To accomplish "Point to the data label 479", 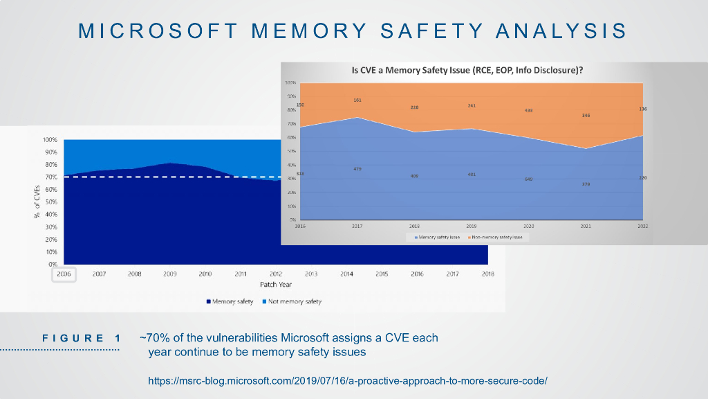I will pos(357,169).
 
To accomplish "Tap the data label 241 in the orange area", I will pos(472,106).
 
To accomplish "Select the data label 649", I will pos(528,179).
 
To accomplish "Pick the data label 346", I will pos(586,116).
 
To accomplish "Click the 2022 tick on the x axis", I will pos(642,227).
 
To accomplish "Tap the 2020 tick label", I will pos(528,227).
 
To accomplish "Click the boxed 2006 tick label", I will pos(64,274).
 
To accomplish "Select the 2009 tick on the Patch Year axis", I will pos(170,274).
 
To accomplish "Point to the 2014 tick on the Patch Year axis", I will pos(346,274).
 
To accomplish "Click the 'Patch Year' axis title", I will pos(276,285).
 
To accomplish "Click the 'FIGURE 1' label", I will pos(82,338).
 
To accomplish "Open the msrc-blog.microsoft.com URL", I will pos(348,380).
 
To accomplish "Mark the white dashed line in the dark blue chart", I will pos(173,177).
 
